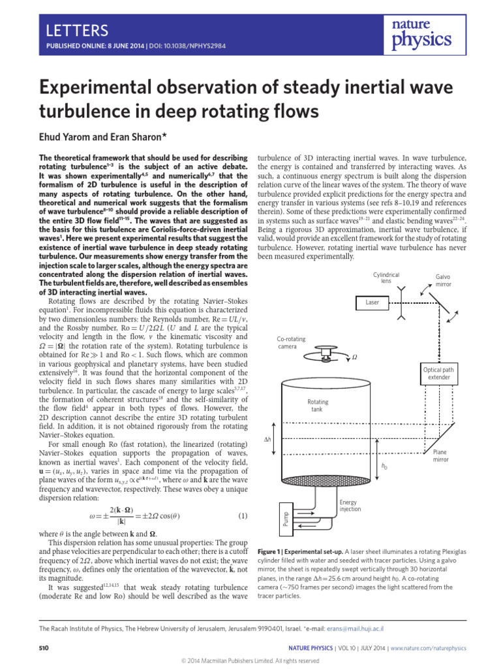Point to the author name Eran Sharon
pos(142,137)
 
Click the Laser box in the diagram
pos(372,302)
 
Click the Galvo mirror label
pos(443,280)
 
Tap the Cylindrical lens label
pos(386,277)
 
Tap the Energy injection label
pos(350,506)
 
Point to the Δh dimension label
pos(266,440)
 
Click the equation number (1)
pos(243,517)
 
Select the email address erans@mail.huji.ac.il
pos(355,628)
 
